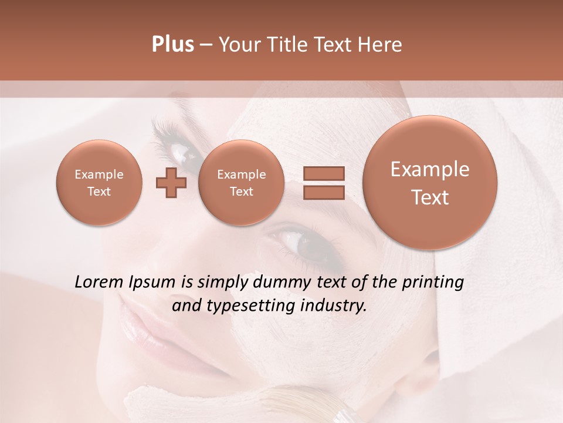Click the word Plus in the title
coord(172,45)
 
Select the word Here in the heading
coord(382,45)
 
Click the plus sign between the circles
coord(171,183)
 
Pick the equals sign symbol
coord(323,183)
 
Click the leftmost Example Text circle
coord(99,183)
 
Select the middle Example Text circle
coord(241,183)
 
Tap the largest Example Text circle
coord(430,183)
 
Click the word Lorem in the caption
coord(99,283)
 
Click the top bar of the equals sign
coord(323,174)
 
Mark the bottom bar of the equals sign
coord(323,192)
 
